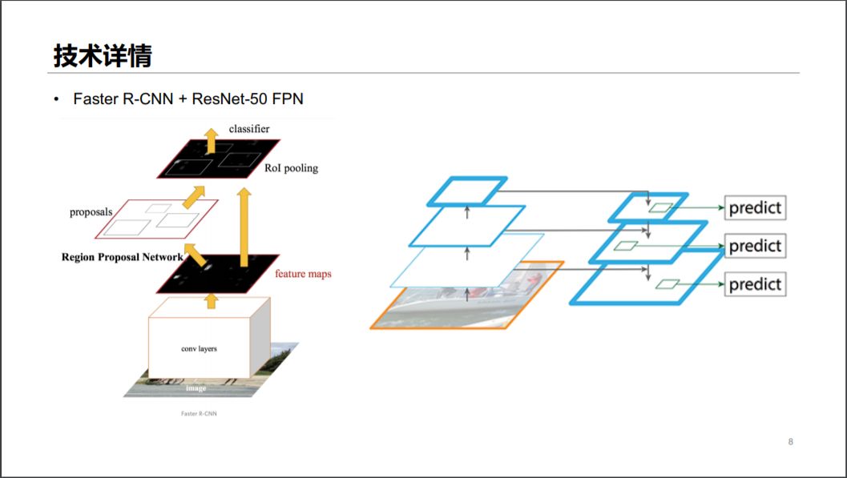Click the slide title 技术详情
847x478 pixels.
tap(103, 56)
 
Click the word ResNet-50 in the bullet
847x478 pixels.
tap(230, 98)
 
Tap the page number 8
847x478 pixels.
tap(791, 441)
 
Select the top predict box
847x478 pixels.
tap(754, 208)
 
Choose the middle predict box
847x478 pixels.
tap(754, 246)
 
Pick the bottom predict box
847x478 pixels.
tap(754, 284)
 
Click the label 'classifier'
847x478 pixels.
tap(249, 128)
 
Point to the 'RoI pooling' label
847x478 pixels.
tap(291, 168)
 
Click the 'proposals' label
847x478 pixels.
tap(91, 212)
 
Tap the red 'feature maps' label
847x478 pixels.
tap(303, 274)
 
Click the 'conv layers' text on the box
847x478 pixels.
tap(199, 348)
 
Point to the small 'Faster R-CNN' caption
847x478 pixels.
tap(199, 414)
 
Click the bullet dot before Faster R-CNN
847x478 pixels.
tap(56, 99)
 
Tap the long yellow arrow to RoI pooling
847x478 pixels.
tap(244, 224)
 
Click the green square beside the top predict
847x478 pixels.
tap(660, 208)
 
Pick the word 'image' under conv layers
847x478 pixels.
tap(196, 388)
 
